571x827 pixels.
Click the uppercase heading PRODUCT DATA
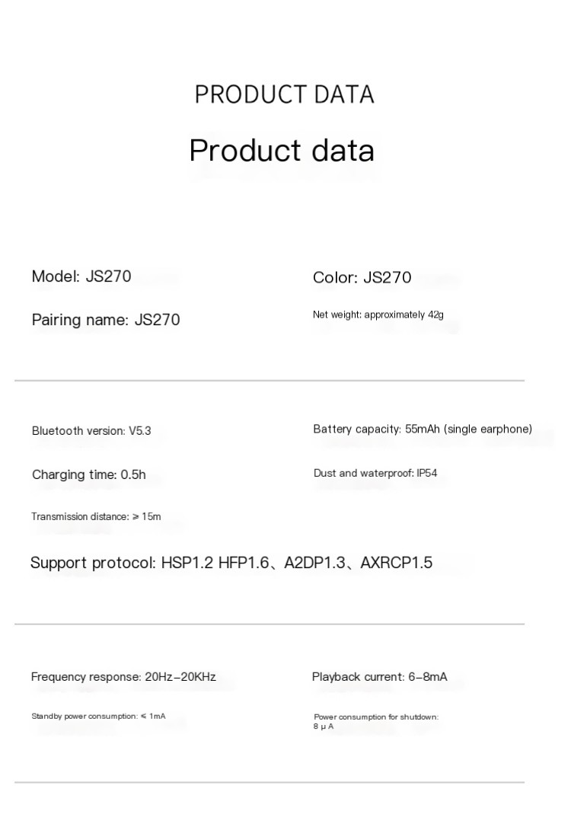(x=284, y=94)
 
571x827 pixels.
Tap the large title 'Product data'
(x=282, y=150)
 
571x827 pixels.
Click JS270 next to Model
(x=108, y=276)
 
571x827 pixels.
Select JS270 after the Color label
(x=387, y=277)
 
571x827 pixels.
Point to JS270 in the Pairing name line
(x=157, y=320)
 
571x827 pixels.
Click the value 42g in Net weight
(x=435, y=315)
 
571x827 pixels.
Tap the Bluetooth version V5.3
(x=139, y=431)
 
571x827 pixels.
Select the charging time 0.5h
(x=132, y=475)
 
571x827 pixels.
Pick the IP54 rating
(x=426, y=474)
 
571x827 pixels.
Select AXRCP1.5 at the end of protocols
(x=396, y=564)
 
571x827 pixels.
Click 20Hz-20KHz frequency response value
(x=180, y=677)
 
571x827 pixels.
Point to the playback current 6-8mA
(x=428, y=677)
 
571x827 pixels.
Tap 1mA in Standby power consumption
(x=157, y=717)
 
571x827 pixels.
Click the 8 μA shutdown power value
(x=324, y=727)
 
